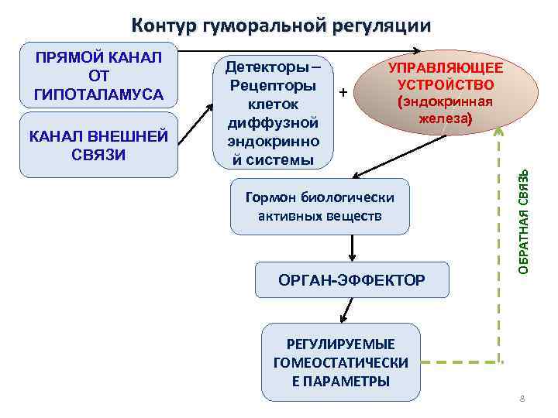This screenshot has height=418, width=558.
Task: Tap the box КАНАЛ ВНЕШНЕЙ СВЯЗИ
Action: click(98, 145)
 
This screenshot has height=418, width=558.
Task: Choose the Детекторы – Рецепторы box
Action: click(271, 111)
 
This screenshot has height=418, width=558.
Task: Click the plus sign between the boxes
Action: click(342, 93)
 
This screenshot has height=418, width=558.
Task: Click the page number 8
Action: click(522, 399)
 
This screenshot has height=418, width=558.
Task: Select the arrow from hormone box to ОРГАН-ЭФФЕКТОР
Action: click(353, 248)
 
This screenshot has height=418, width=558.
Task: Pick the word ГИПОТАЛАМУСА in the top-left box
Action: click(98, 94)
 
